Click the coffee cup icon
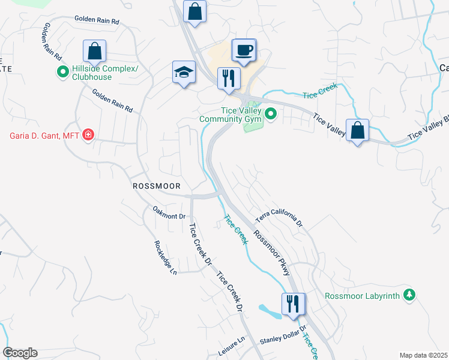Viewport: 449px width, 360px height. [x=244, y=50]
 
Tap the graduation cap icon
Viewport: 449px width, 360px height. [x=184, y=73]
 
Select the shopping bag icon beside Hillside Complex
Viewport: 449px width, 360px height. [x=94, y=52]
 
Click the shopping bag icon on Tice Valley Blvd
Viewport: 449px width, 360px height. [x=357, y=131]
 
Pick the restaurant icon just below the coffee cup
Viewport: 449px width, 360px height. [x=229, y=79]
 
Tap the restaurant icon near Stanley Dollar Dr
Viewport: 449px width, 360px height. [x=293, y=304]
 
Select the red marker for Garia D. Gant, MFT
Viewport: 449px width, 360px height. [x=88, y=134]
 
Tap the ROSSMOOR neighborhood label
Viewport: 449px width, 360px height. [x=157, y=187]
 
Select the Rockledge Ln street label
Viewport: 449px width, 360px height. [x=166, y=258]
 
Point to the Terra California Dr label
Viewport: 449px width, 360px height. [x=280, y=220]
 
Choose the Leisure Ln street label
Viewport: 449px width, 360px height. [x=232, y=347]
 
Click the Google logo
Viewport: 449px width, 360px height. [x=20, y=353]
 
